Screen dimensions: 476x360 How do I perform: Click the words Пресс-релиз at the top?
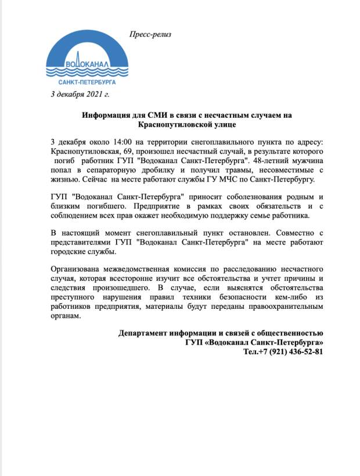pos(150,34)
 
